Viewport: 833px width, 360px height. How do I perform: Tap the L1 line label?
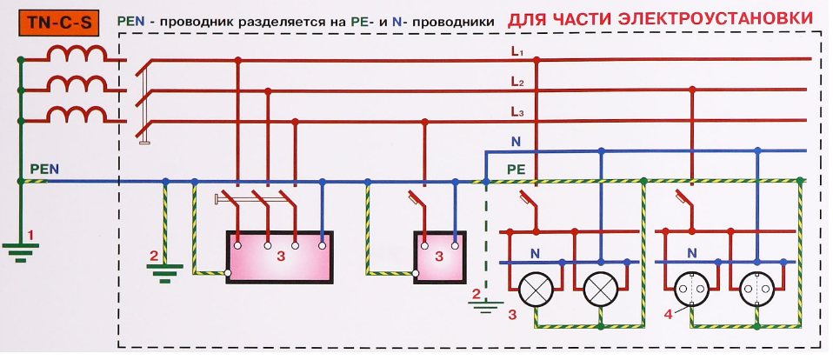[x=517, y=53]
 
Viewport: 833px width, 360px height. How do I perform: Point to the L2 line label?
[x=517, y=83]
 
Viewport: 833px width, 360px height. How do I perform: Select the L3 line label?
[x=517, y=112]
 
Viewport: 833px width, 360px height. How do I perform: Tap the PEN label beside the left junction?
[x=44, y=169]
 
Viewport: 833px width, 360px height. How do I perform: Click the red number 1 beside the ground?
[x=31, y=235]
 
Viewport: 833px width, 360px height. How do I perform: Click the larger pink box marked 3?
[x=279, y=257]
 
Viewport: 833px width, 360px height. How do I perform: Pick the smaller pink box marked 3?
[x=440, y=257]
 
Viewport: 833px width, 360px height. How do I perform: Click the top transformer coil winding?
[x=77, y=56]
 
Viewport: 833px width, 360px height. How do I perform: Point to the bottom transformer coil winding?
[x=77, y=116]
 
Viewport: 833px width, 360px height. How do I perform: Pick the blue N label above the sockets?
[x=692, y=253]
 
